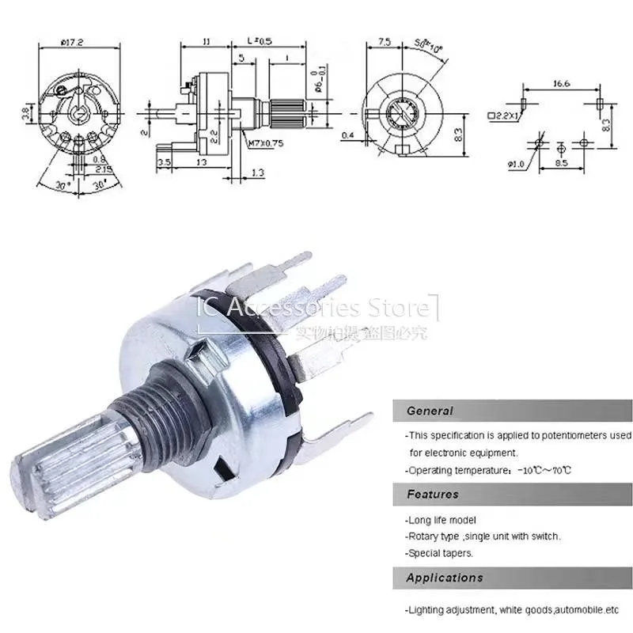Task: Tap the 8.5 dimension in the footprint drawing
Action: [x=561, y=164]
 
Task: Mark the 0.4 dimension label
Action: [x=347, y=135]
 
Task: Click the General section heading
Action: [x=430, y=411]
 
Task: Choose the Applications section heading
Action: [x=444, y=578]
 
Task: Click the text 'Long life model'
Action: [x=442, y=520]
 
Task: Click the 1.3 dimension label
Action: [x=257, y=172]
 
